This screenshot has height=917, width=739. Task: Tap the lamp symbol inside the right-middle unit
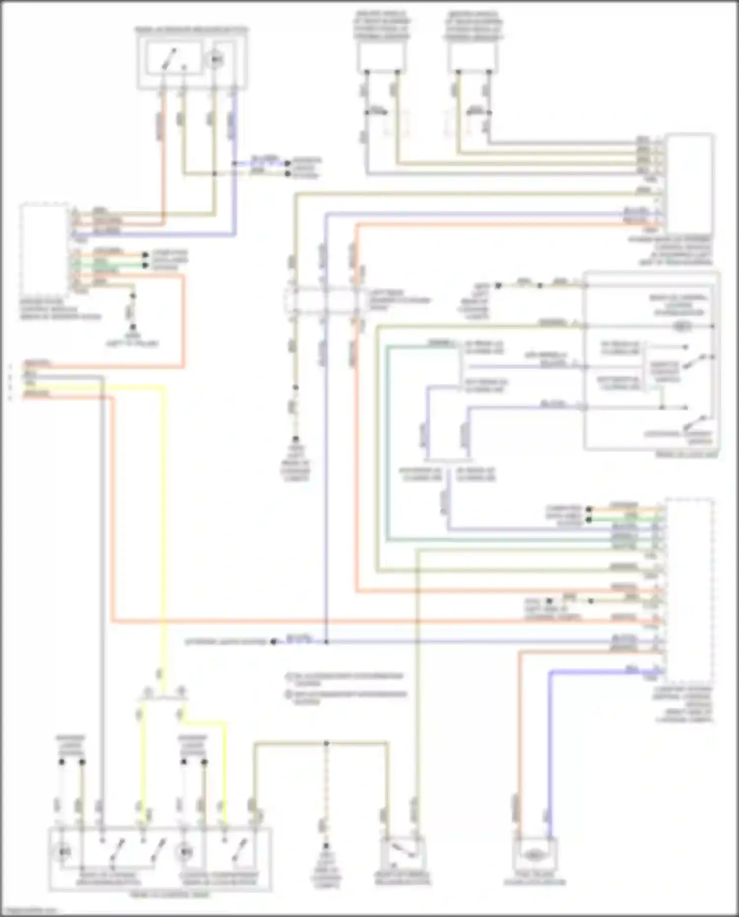click(x=682, y=326)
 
